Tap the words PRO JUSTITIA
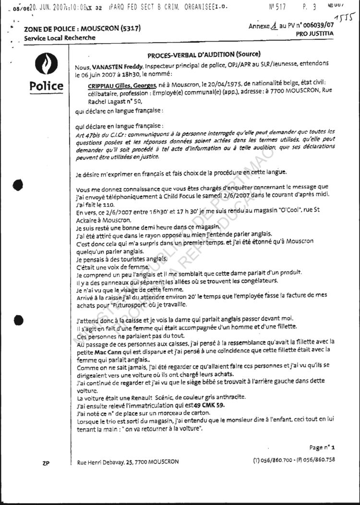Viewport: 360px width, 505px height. tap(315, 35)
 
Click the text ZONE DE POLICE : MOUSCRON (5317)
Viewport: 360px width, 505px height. tap(82, 29)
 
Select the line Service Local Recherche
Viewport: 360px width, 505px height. tap(60, 38)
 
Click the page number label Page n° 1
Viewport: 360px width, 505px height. tap(322, 447)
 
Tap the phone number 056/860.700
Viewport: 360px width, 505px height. tap(275, 460)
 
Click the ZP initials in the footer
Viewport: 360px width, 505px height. tap(46, 463)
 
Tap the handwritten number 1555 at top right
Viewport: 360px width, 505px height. tap(345, 18)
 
